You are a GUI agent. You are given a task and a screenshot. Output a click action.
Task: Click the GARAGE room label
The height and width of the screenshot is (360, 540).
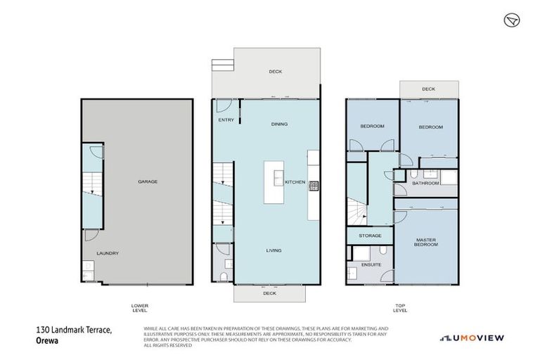[148, 181]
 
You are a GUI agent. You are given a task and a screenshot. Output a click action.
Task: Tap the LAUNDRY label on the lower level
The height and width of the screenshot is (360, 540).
[108, 253]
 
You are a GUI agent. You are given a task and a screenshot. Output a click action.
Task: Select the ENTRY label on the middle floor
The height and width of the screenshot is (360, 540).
[226, 120]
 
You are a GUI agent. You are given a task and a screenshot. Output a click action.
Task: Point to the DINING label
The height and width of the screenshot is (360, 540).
[279, 124]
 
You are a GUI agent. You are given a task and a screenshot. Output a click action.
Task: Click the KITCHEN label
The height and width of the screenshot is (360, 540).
[295, 182]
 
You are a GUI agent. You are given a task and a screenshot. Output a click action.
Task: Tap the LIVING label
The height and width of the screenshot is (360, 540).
[274, 250]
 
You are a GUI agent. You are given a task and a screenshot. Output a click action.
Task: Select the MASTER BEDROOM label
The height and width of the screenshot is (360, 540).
[426, 243]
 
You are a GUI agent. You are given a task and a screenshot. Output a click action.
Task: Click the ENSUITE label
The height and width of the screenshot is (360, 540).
[371, 264]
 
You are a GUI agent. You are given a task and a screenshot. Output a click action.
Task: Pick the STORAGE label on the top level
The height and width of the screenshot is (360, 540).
[370, 236]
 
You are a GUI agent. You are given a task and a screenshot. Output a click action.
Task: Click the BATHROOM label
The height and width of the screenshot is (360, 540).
[425, 183]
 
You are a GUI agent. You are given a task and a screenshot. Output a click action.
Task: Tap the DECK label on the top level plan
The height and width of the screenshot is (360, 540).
[428, 89]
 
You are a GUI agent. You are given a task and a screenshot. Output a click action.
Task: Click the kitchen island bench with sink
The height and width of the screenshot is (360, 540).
[274, 182]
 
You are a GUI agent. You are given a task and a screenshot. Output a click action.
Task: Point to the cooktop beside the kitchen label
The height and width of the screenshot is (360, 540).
[313, 186]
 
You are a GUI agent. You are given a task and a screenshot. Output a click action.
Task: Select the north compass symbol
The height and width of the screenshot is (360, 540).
[511, 20]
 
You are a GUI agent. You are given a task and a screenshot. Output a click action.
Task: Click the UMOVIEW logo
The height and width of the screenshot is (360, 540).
[472, 338]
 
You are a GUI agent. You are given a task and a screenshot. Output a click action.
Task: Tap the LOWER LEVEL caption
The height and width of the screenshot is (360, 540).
[139, 307]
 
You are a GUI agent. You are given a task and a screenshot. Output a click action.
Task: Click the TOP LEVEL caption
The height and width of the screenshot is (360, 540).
[400, 307]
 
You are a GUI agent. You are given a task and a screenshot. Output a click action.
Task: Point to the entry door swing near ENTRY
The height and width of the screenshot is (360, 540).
[222, 107]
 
